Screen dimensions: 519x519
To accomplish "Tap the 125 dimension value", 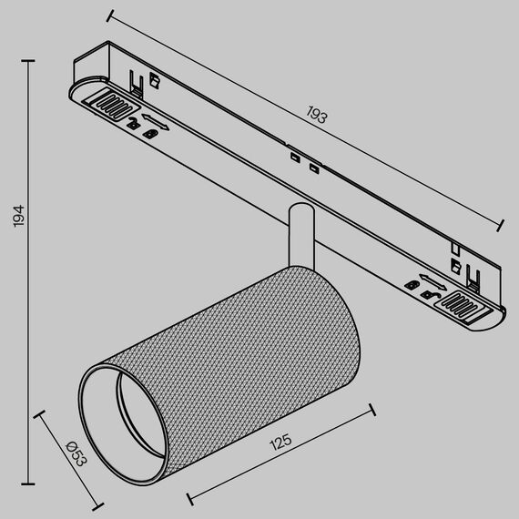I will click(x=280, y=443).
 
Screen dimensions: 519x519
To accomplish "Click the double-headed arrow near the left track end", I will click(x=154, y=120).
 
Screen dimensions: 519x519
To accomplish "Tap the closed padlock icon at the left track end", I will click(x=151, y=133).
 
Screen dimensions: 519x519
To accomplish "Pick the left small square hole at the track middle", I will click(x=294, y=160).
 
